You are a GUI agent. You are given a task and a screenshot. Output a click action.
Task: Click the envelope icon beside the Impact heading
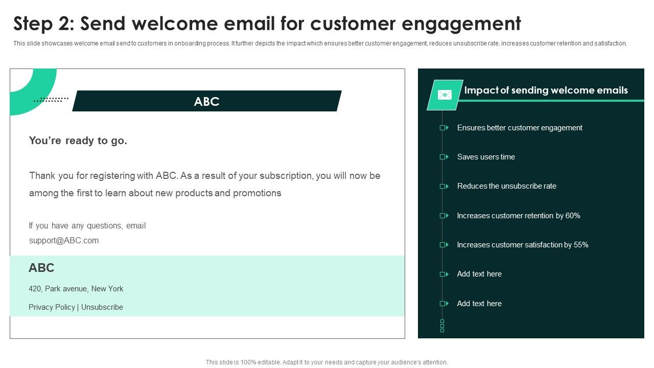click(x=445, y=95)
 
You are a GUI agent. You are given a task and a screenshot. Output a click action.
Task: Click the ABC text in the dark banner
click(x=206, y=101)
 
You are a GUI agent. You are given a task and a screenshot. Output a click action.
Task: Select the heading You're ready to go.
click(x=78, y=141)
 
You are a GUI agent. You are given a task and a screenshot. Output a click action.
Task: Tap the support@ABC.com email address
click(x=64, y=240)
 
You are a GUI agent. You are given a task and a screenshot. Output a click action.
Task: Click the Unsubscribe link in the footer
click(x=102, y=307)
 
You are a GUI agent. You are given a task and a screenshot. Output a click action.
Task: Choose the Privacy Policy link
click(x=52, y=307)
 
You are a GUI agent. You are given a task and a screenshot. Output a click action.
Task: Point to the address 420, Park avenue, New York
click(x=76, y=289)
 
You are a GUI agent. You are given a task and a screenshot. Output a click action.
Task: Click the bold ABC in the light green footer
click(x=41, y=268)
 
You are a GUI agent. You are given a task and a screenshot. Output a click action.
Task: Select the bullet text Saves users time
click(x=486, y=157)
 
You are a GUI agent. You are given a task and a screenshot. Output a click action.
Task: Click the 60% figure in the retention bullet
click(x=573, y=216)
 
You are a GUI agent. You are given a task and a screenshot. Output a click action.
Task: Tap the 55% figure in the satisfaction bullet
click(x=581, y=245)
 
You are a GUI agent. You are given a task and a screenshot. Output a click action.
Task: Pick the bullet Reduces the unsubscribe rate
click(x=506, y=186)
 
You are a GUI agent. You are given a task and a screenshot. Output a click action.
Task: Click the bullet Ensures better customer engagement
click(x=520, y=128)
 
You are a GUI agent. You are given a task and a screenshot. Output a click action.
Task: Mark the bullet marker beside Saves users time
click(x=443, y=157)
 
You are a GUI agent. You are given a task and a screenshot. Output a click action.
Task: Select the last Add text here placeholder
click(x=479, y=304)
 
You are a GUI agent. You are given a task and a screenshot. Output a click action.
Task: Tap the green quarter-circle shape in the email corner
click(x=31, y=89)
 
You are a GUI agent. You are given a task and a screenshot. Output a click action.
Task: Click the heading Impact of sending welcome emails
click(x=546, y=90)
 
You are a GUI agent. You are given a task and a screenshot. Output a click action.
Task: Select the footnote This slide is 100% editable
click(x=326, y=362)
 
